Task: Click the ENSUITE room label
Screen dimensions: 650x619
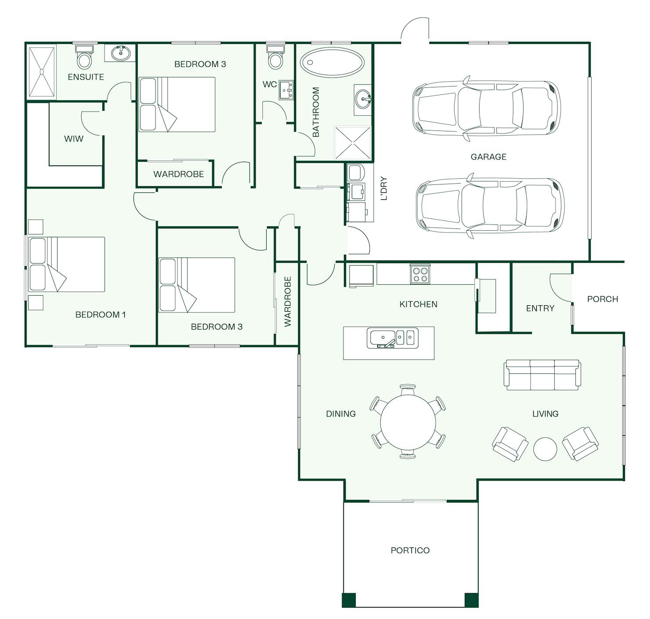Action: pos(86,77)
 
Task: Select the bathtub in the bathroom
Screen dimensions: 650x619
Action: pos(332,62)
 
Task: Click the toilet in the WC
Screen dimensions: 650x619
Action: pos(275,56)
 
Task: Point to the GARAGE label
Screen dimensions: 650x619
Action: pos(488,157)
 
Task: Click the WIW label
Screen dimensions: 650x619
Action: pos(74,139)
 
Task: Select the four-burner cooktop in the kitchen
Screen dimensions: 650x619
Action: pos(420,274)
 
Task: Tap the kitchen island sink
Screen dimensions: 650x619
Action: pos(393,338)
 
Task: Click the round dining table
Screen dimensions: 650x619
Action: pos(408,422)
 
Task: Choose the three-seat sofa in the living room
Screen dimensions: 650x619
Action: pos(542,375)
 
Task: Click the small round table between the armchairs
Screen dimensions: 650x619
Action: pos(545,449)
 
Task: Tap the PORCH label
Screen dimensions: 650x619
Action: pos(603,299)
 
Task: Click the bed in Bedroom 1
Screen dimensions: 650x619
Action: pos(66,264)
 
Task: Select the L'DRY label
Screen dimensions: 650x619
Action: pos(384,188)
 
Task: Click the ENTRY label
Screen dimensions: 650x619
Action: pos(540,308)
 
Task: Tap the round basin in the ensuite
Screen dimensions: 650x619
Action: pos(121,53)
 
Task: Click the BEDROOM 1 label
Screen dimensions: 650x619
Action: pos(101,315)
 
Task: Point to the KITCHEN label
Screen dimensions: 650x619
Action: pos(418,304)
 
